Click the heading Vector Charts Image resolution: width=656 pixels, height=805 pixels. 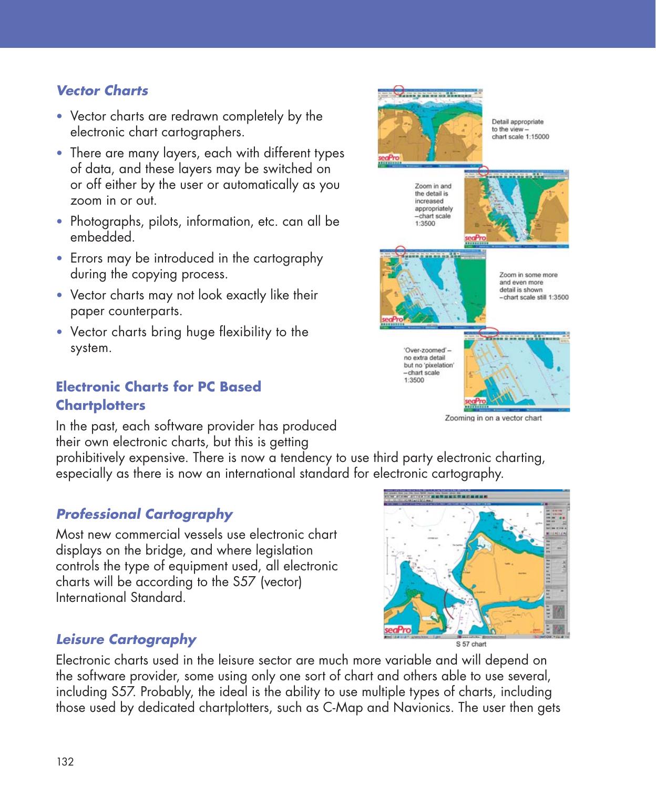click(102, 90)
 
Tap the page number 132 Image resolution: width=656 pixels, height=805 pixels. click(65, 761)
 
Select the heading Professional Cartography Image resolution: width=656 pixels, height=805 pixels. click(144, 514)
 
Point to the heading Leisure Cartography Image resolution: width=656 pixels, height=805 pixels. click(126, 639)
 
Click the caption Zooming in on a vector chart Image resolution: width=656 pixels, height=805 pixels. click(493, 418)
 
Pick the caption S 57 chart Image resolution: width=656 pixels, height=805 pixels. click(471, 644)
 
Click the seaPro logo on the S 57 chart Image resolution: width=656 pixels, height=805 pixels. click(398, 630)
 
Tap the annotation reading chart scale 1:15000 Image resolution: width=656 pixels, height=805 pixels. click(520, 137)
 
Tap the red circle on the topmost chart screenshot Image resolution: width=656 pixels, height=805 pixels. click(399, 90)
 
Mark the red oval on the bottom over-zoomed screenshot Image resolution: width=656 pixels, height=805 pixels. click(489, 333)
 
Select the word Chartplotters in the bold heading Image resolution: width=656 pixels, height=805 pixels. click(101, 406)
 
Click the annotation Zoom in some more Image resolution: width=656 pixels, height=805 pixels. click(528, 275)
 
